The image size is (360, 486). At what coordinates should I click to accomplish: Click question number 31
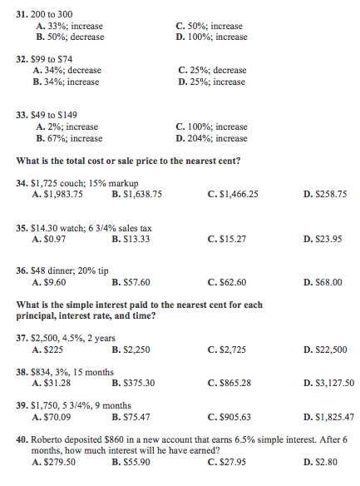pyautogui.click(x=22, y=15)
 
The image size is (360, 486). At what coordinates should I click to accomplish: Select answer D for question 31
pyautogui.click(x=212, y=37)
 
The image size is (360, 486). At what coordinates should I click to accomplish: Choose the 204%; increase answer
pyautogui.click(x=212, y=138)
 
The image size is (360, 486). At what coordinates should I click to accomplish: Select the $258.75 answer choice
pyautogui.click(x=325, y=194)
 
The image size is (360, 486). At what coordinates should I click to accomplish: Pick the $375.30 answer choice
pyautogui.click(x=133, y=383)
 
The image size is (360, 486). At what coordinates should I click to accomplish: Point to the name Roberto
pyautogui.click(x=46, y=439)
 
